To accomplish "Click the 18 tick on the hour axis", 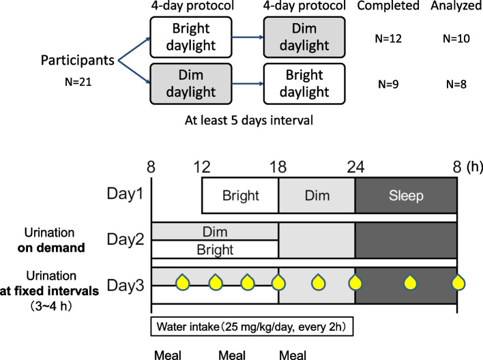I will pyautogui.click(x=278, y=166).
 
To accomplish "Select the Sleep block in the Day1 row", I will pyautogui.click(x=406, y=195).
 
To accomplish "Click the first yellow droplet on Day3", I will pyautogui.click(x=181, y=282).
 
